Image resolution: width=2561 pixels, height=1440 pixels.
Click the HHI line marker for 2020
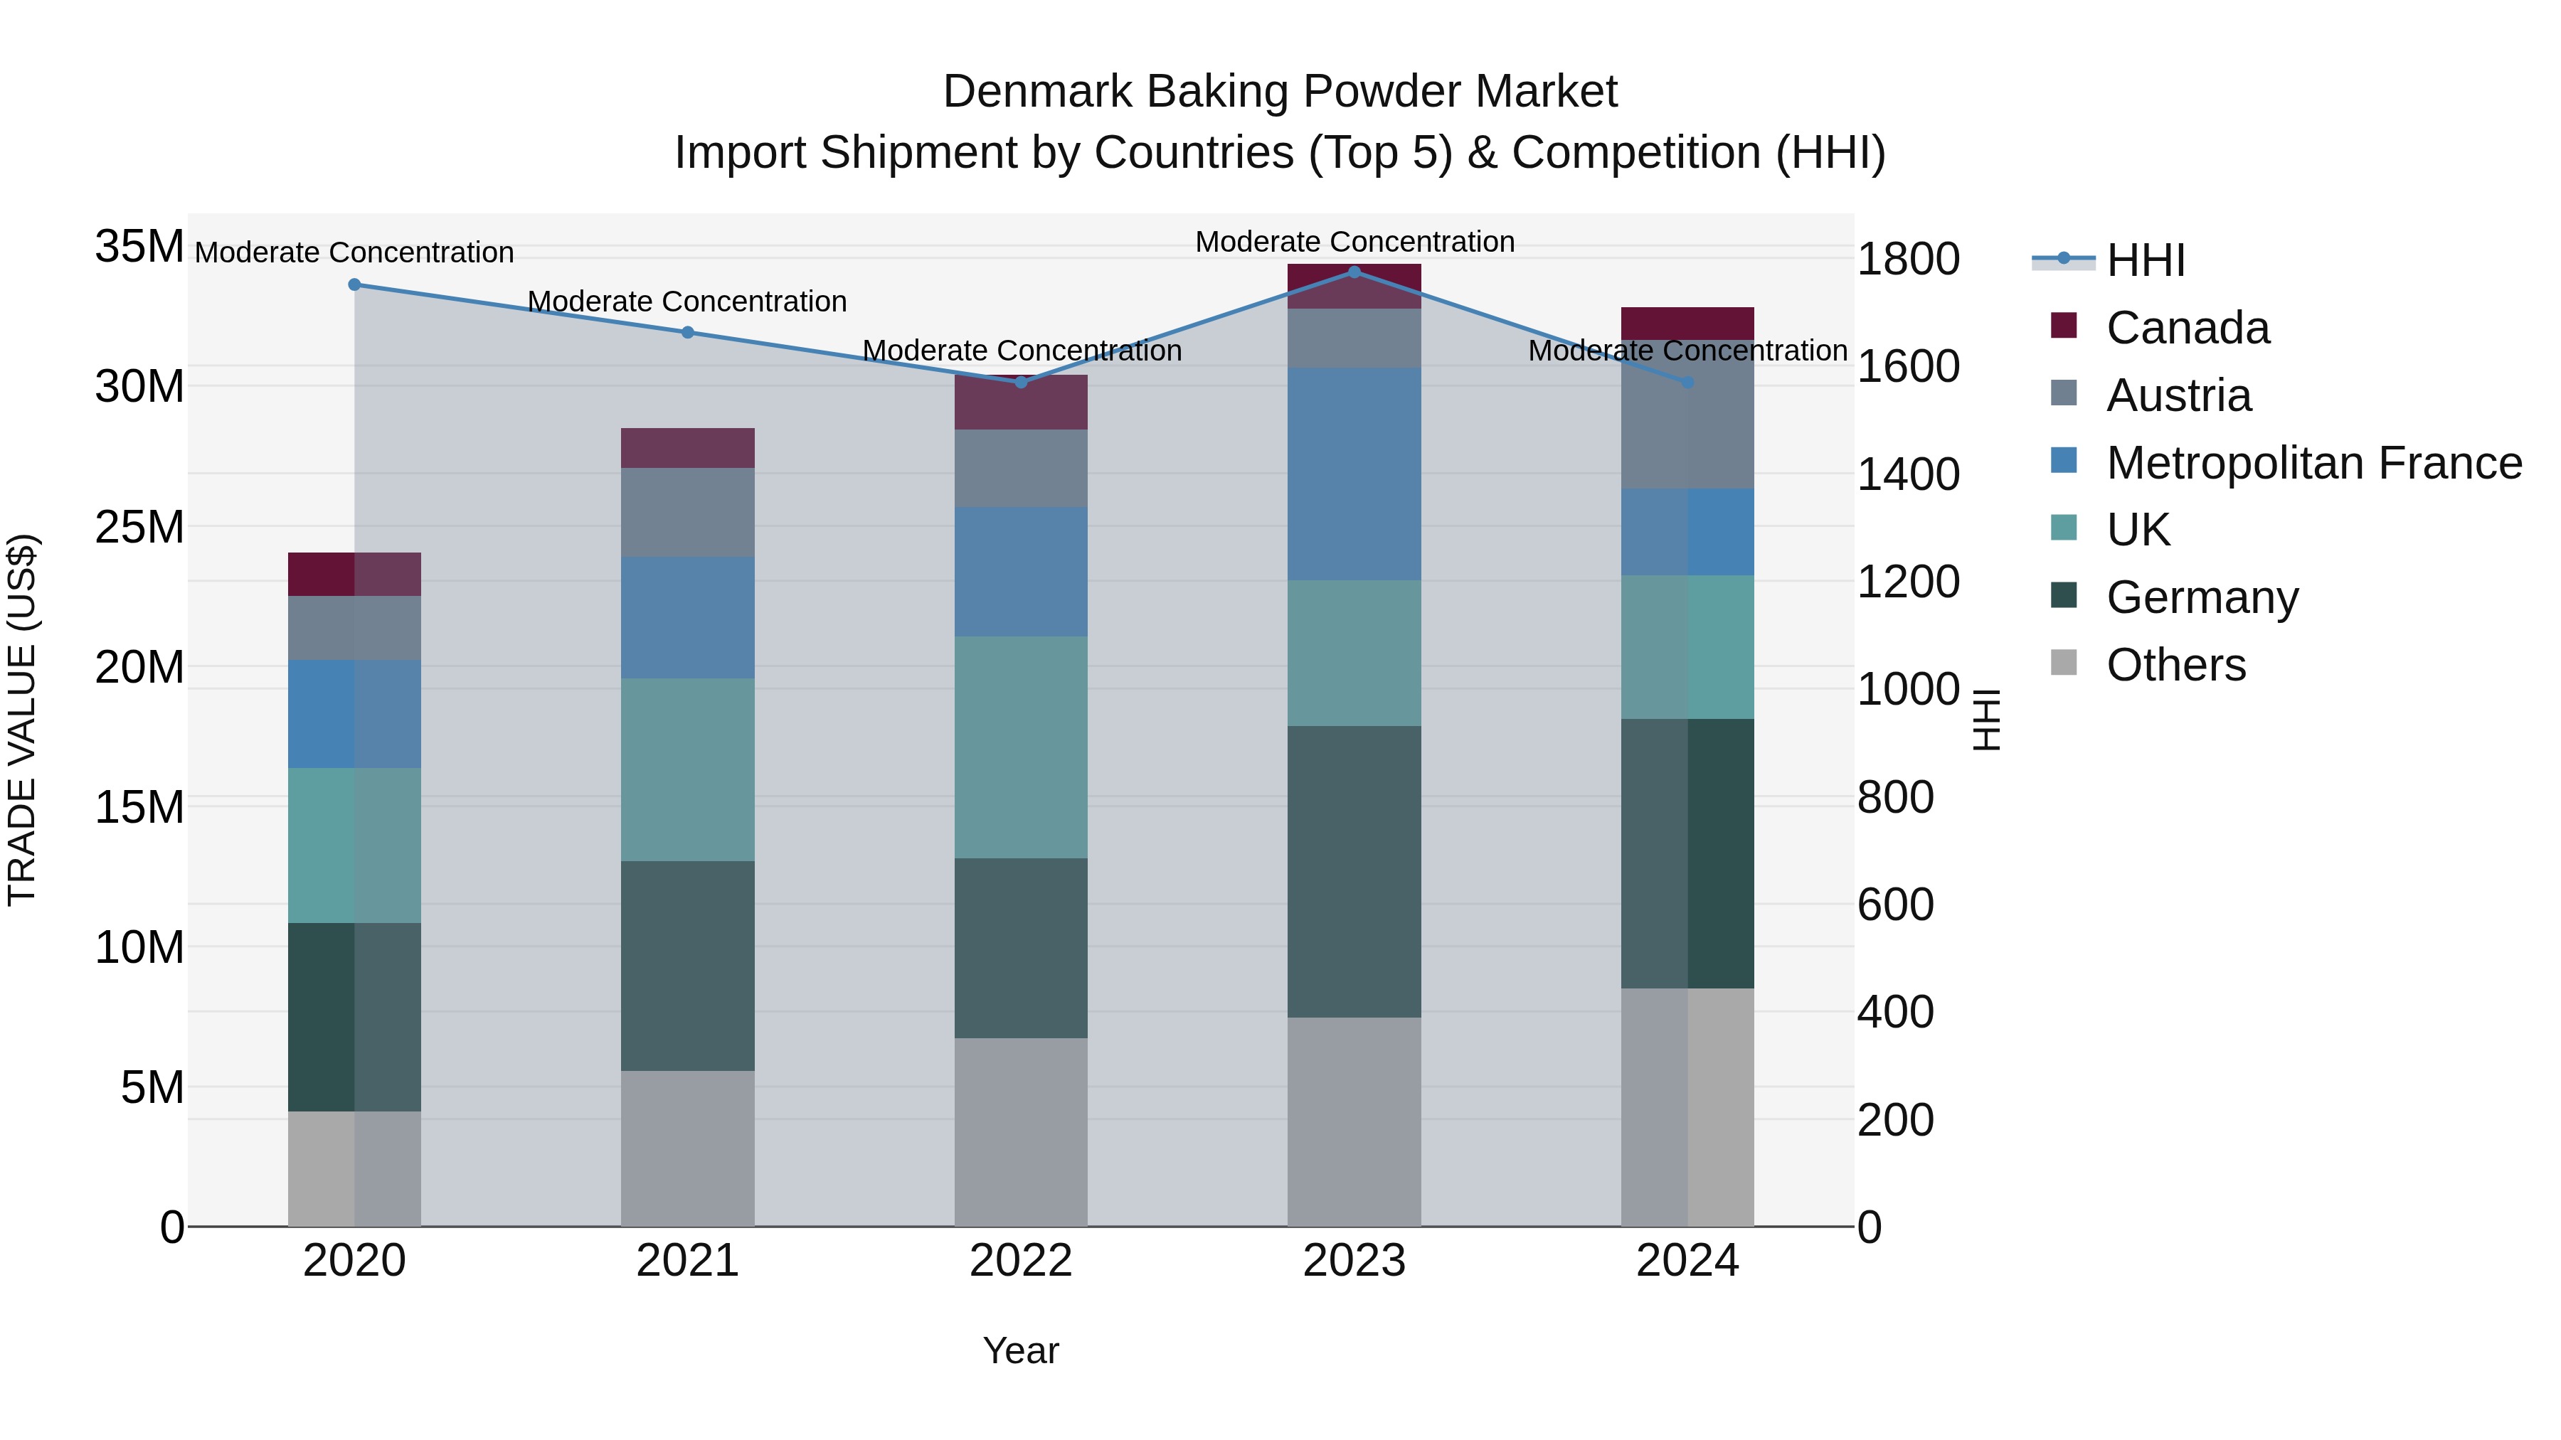click(354, 285)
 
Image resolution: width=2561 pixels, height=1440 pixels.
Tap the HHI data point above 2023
click(1354, 272)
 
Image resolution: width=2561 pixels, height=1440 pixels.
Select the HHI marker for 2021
click(687, 333)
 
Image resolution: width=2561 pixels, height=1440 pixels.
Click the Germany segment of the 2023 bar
click(1354, 872)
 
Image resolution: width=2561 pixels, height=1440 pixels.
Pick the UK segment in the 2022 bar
click(1021, 747)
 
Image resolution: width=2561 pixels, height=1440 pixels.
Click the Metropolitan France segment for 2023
click(1354, 474)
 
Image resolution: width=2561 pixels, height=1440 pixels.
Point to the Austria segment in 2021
click(687, 513)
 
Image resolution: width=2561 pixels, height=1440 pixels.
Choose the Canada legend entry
click(2188, 328)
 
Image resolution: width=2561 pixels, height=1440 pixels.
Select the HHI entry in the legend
click(2146, 260)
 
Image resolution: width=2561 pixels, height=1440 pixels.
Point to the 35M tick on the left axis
click(139, 247)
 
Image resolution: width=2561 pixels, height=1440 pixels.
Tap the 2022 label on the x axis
click(1021, 1261)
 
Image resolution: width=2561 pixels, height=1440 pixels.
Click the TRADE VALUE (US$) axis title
click(22, 720)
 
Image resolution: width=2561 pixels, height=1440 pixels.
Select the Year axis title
click(1021, 1350)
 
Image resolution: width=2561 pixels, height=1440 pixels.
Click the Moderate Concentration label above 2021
click(687, 301)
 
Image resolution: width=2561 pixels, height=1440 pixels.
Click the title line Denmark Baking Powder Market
click(1280, 92)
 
